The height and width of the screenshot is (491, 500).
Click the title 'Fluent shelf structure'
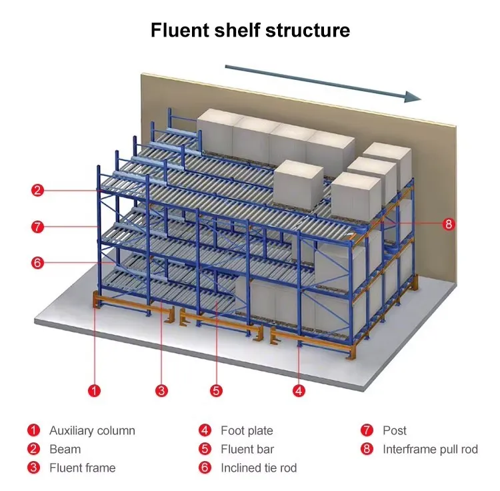click(x=250, y=31)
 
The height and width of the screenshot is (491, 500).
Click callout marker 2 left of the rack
click(x=38, y=191)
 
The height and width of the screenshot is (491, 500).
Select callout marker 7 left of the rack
click(x=38, y=227)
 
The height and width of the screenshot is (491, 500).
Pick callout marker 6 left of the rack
click(x=38, y=262)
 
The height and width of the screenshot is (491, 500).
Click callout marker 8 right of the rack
click(x=448, y=224)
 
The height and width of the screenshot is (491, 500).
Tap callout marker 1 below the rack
click(x=95, y=390)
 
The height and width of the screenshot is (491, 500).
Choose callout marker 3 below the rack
click(x=161, y=390)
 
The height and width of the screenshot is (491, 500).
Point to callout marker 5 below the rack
click(x=216, y=390)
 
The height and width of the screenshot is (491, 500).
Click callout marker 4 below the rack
click(x=299, y=390)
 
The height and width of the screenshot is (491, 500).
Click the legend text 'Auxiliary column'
click(x=92, y=430)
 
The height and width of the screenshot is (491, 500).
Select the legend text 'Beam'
click(x=65, y=449)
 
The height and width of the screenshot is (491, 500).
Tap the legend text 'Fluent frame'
click(x=82, y=468)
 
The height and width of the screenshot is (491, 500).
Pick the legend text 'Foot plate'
click(x=247, y=430)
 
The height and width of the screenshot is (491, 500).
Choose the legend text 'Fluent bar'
click(x=247, y=449)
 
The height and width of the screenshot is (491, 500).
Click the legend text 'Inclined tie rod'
click(x=259, y=468)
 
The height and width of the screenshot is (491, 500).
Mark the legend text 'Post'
click(x=395, y=430)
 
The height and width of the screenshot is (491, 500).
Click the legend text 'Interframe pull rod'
click(x=430, y=449)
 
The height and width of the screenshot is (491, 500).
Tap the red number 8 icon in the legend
click(x=367, y=449)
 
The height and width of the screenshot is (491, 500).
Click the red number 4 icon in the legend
click(x=205, y=430)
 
